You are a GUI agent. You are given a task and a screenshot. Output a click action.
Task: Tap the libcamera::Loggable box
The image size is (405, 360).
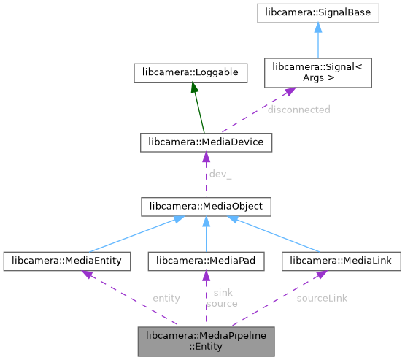click(191, 72)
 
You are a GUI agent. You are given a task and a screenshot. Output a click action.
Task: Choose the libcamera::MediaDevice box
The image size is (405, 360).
click(206, 142)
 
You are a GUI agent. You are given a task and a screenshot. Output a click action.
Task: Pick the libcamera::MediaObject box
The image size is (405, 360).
click(206, 207)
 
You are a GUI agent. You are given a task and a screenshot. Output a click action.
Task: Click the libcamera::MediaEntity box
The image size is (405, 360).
click(67, 260)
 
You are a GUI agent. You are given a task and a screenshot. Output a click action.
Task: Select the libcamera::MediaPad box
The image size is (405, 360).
click(206, 260)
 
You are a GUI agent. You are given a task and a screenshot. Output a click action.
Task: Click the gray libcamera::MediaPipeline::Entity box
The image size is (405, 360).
click(206, 341)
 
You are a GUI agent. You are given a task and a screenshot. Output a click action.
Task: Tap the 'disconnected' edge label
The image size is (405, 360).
click(298, 110)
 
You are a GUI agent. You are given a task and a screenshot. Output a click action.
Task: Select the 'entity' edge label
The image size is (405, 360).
click(166, 298)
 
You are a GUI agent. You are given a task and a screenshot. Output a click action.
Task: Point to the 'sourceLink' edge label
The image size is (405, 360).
click(322, 298)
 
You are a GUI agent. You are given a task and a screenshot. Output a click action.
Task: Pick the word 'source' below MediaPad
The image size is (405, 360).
click(221, 303)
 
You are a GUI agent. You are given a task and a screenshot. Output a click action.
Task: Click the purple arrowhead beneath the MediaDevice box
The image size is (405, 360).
click(206, 157)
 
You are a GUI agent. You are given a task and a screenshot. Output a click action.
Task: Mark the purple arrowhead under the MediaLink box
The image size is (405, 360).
click(320, 275)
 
